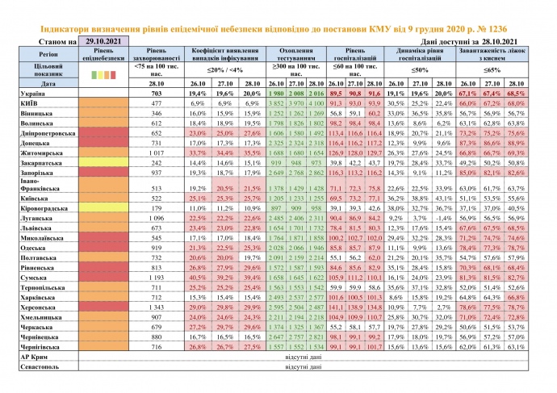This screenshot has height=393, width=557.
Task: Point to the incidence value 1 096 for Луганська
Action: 157,218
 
